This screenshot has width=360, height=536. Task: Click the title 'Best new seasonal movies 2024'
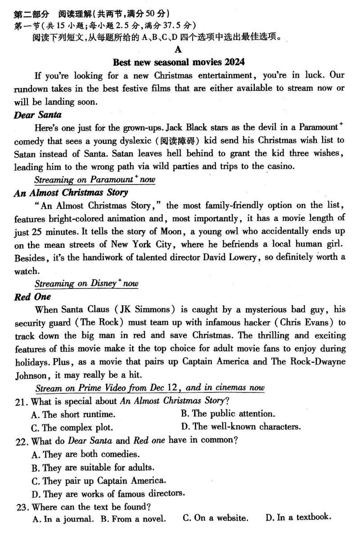(179, 62)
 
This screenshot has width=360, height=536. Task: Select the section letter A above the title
(179, 50)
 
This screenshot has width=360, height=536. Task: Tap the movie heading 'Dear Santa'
(38, 115)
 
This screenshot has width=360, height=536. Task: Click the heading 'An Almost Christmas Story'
(71, 193)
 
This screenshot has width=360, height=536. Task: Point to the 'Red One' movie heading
(32, 297)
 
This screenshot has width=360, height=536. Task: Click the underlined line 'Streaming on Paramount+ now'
(95, 180)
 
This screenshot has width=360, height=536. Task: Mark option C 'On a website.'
(215, 518)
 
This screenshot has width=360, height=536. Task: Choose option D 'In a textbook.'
(298, 518)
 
